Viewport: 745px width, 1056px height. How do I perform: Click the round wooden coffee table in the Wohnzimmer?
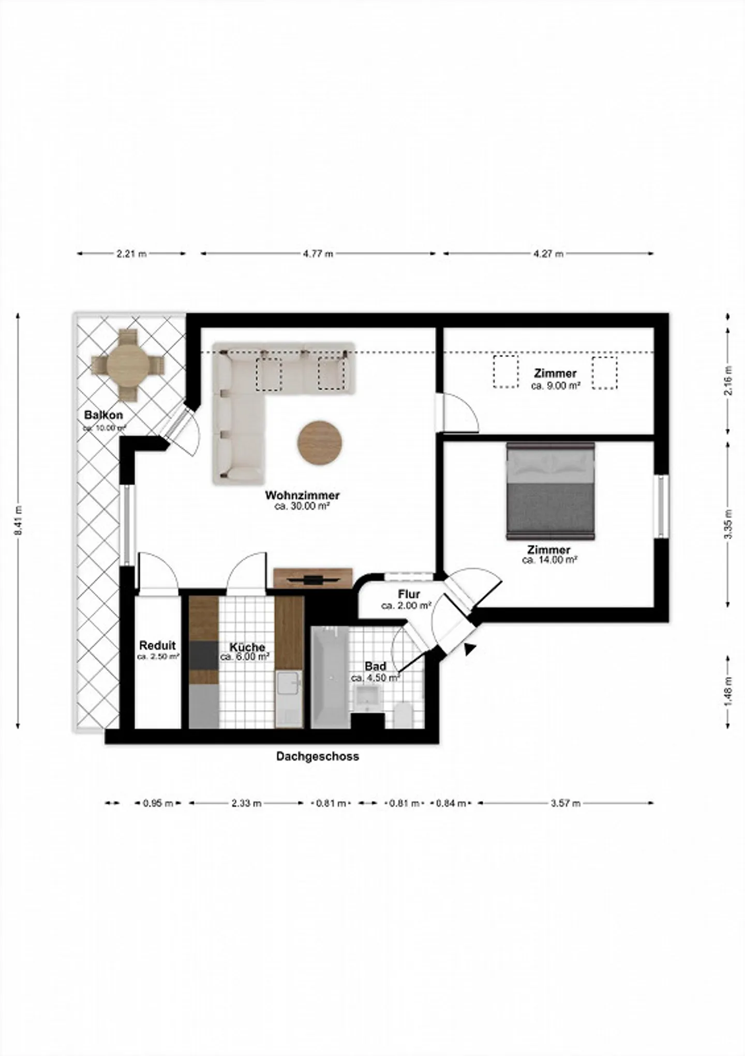320,442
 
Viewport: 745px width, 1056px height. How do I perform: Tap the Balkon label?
103,415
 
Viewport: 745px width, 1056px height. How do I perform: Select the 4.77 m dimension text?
318,254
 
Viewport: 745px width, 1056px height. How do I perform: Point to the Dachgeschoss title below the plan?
317,756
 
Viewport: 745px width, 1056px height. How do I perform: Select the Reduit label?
157,645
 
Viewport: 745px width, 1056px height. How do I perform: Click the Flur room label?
409,594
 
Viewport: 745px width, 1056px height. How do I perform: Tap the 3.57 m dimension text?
565,803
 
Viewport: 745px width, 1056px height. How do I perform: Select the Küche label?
247,647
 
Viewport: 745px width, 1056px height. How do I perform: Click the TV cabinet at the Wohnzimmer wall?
312,578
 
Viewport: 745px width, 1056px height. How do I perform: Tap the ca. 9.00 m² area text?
556,386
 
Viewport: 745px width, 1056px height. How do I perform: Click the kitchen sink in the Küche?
289,684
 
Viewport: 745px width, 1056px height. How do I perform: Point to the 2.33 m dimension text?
246,803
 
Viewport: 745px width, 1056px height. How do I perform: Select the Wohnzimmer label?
302,495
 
